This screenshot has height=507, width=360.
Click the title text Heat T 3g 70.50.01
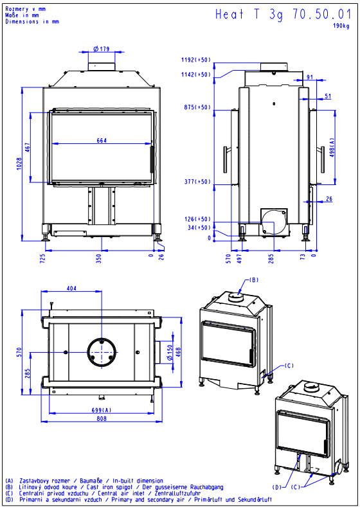point(283,15)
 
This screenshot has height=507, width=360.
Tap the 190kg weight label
point(341,26)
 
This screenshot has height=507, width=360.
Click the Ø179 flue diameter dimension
point(102,49)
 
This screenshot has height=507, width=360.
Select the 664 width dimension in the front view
point(102,140)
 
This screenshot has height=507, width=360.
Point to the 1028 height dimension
point(19,165)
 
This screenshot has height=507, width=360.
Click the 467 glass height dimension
point(28,148)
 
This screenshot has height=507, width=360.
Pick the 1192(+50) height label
point(195,60)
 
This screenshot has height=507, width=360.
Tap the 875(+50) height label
point(197,107)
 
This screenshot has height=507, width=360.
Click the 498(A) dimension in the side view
point(332,148)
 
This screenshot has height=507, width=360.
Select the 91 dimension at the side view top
point(310,77)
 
